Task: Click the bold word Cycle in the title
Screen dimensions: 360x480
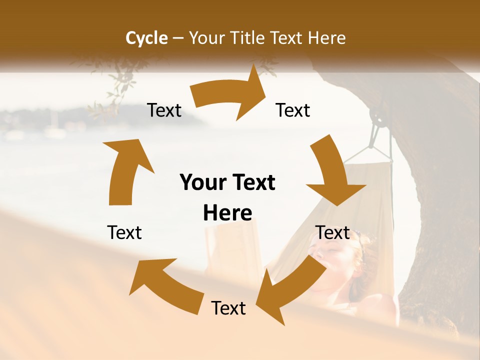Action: click(x=146, y=38)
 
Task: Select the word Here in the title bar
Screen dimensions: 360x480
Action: click(x=326, y=38)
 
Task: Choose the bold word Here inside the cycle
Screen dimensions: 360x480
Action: click(x=227, y=213)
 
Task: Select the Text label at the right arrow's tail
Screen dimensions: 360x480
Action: click(x=164, y=110)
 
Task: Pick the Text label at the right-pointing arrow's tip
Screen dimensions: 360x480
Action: click(x=293, y=110)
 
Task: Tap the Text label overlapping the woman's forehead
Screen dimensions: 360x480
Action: click(x=333, y=233)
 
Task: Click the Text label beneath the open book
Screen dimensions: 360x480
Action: click(x=228, y=308)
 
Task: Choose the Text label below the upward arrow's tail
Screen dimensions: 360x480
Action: click(x=124, y=233)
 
